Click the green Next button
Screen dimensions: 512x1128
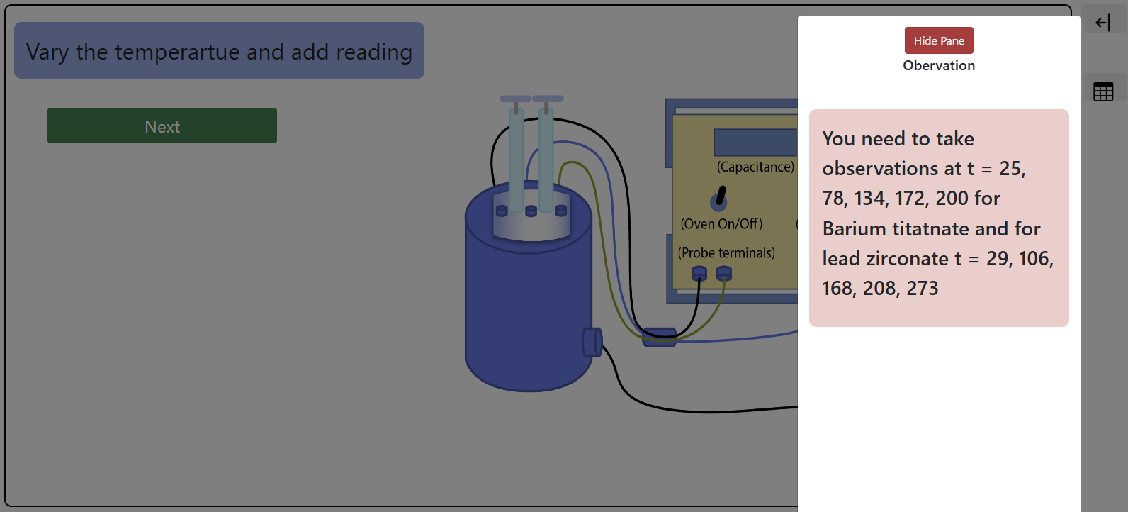[x=162, y=126]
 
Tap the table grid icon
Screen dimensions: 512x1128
[x=1103, y=91]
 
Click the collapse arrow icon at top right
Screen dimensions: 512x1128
[x=1103, y=23]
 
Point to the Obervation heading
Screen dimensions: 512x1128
[x=939, y=65]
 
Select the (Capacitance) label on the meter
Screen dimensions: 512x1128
[x=755, y=167]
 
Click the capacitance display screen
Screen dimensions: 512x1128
[x=755, y=142]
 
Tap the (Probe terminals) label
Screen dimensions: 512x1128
[x=726, y=252]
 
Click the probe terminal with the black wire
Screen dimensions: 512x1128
[x=699, y=273]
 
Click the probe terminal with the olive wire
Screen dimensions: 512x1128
[x=723, y=273]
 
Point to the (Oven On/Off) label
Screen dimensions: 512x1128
[x=721, y=224]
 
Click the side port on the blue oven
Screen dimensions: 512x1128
[x=592, y=343]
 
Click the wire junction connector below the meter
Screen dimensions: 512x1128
[x=659, y=337]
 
